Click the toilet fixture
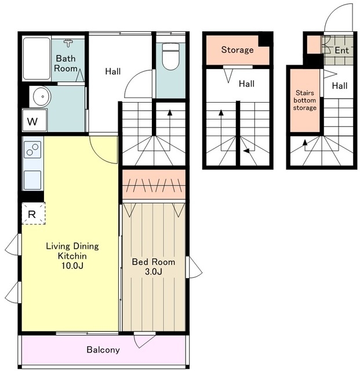click(170, 56)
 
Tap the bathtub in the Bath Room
click(37, 59)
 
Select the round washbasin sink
click(42, 97)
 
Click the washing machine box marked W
click(35, 120)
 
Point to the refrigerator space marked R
click(34, 213)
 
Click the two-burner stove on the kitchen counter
click(32, 150)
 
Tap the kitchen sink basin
click(32, 180)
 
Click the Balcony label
click(103, 350)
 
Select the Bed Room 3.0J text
click(154, 267)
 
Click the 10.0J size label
click(72, 266)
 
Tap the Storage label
click(238, 50)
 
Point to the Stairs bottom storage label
click(305, 100)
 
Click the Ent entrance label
click(341, 50)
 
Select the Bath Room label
click(66, 63)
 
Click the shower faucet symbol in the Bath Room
click(68, 43)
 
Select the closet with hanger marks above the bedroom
click(154, 184)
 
